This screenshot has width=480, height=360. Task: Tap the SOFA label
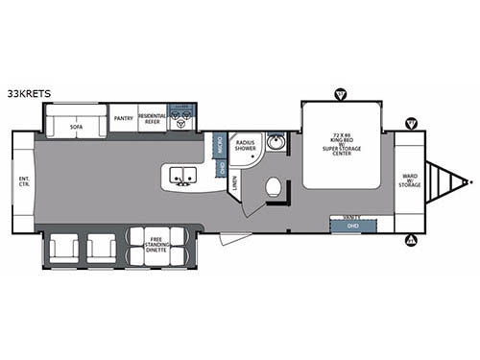click(76, 119)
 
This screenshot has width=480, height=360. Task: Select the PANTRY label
click(123, 118)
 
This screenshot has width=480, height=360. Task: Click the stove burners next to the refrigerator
click(181, 121)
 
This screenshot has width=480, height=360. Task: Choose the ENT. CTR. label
click(24, 182)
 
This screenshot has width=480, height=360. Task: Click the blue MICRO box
click(219, 145)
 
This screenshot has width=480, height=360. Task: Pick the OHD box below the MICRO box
click(222, 168)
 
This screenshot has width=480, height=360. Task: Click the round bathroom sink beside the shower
click(276, 145)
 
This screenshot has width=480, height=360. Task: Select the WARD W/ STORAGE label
click(409, 180)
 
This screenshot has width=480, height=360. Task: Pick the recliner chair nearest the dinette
click(101, 249)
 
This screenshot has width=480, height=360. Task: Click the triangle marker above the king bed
click(339, 94)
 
